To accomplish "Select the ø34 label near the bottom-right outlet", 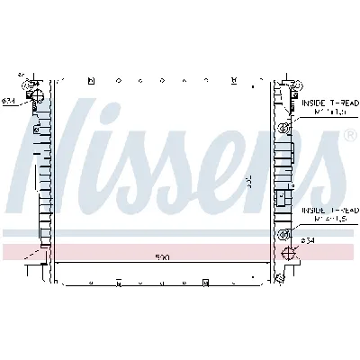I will point(308,240).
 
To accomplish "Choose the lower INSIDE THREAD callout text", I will point(324,209).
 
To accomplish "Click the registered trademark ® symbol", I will point(348,134).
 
